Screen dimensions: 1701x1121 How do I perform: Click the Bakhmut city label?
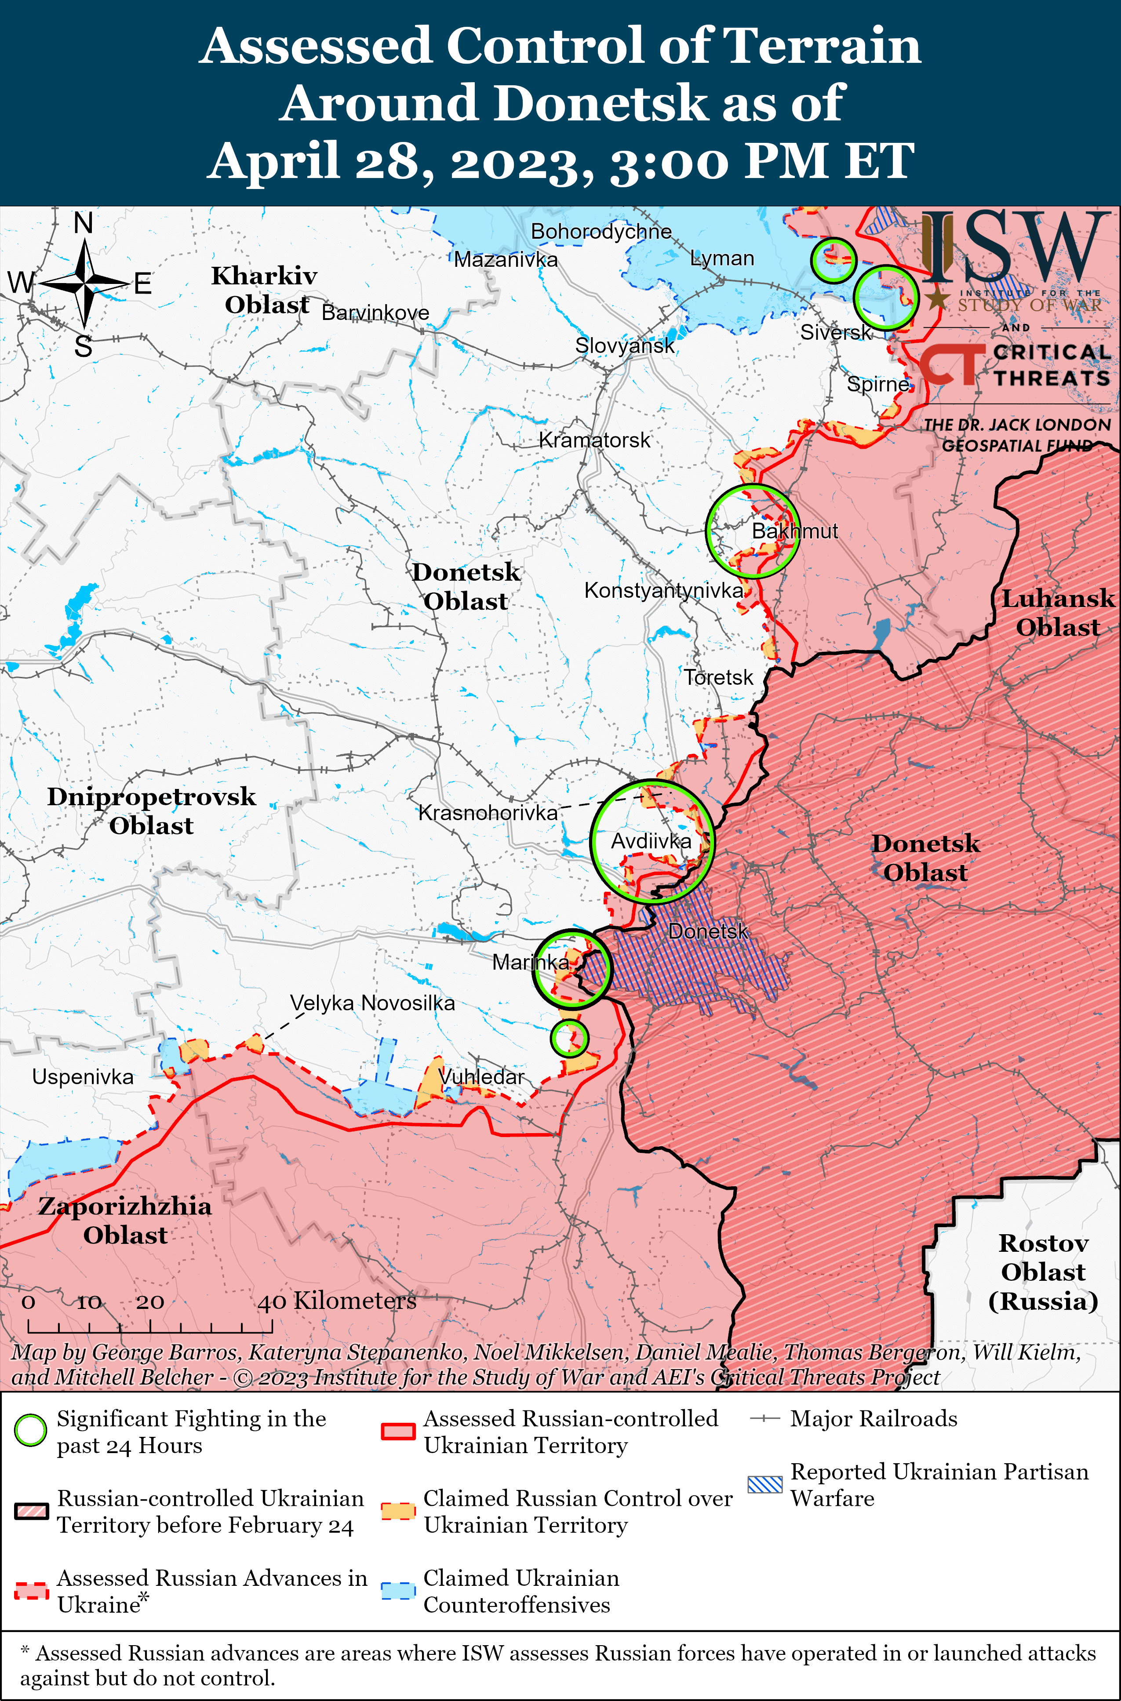[794, 531]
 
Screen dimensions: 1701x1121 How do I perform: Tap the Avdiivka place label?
[651, 841]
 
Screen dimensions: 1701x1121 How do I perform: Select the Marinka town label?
[531, 963]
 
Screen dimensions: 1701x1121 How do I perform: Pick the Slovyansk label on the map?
[625, 346]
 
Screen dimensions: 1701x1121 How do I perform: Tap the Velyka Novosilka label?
[372, 1003]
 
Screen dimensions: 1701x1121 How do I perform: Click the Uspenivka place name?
[83, 1077]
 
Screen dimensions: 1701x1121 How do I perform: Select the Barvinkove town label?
[375, 313]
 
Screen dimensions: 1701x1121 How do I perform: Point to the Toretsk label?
[718, 677]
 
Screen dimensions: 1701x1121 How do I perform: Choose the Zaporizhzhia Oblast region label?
[125, 1221]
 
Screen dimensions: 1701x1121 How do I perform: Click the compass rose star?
[84, 284]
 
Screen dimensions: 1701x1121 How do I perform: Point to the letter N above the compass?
[84, 224]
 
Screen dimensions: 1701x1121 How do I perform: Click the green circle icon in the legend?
[31, 1431]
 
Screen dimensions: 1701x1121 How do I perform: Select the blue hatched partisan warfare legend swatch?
[765, 1484]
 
